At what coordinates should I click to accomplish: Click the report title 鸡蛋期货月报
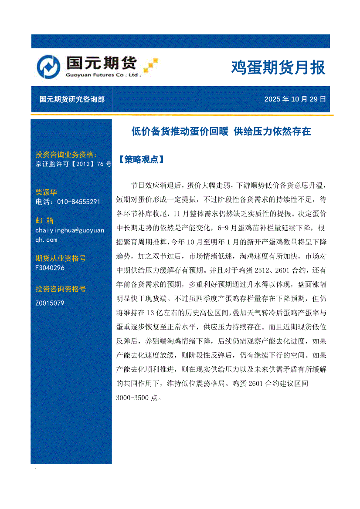tap(278, 68)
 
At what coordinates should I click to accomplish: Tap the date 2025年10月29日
tap(295, 99)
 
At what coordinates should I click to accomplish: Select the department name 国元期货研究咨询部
tap(72, 99)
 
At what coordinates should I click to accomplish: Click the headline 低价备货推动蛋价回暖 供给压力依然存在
tap(221, 131)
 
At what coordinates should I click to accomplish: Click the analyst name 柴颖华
tap(46, 192)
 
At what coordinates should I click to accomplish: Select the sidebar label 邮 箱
tap(44, 220)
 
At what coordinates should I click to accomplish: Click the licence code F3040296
tap(50, 268)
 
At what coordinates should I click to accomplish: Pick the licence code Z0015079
tap(50, 303)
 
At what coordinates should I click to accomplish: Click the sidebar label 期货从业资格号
tap(61, 258)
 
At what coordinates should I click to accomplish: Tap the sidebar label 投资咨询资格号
tap(61, 289)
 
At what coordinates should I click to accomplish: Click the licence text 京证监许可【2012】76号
tap(73, 164)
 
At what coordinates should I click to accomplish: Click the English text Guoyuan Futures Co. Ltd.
tap(103, 75)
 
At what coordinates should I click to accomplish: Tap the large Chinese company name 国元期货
tap(102, 63)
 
